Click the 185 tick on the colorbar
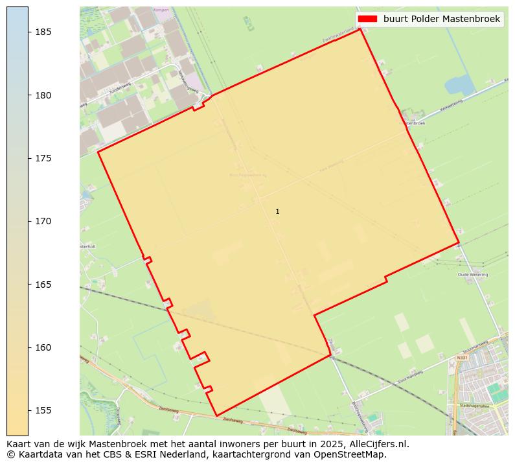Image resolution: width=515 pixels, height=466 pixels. pyautogui.click(x=29, y=32)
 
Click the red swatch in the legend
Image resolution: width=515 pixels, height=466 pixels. pyautogui.click(x=367, y=19)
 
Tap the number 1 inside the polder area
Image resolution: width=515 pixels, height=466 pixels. pyautogui.click(x=277, y=212)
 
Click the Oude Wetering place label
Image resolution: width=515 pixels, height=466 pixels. pyautogui.click(x=472, y=275)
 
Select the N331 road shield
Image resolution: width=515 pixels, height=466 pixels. pyautogui.click(x=461, y=357)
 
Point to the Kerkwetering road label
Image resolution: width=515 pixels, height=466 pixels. pyautogui.click(x=451, y=104)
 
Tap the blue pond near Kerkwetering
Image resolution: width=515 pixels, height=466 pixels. pyautogui.click(x=459, y=85)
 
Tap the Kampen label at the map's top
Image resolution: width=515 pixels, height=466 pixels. pyautogui.click(x=161, y=10)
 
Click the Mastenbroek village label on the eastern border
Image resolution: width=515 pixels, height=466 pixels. pyautogui.click(x=415, y=122)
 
